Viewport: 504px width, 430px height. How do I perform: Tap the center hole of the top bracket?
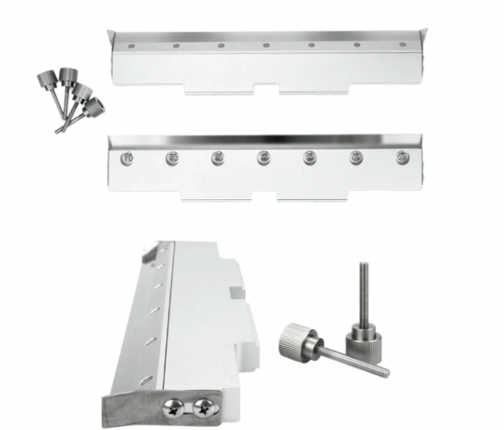(x=266, y=44)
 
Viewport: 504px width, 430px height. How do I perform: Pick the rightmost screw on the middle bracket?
(x=401, y=158)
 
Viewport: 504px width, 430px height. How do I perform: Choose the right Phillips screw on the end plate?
(x=200, y=406)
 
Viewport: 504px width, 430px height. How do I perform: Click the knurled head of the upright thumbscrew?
(x=362, y=335)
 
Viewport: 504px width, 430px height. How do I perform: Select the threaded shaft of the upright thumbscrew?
(x=360, y=291)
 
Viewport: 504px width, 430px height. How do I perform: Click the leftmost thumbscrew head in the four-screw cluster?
(x=47, y=79)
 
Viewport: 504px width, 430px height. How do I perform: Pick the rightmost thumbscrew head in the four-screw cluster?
(x=94, y=106)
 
